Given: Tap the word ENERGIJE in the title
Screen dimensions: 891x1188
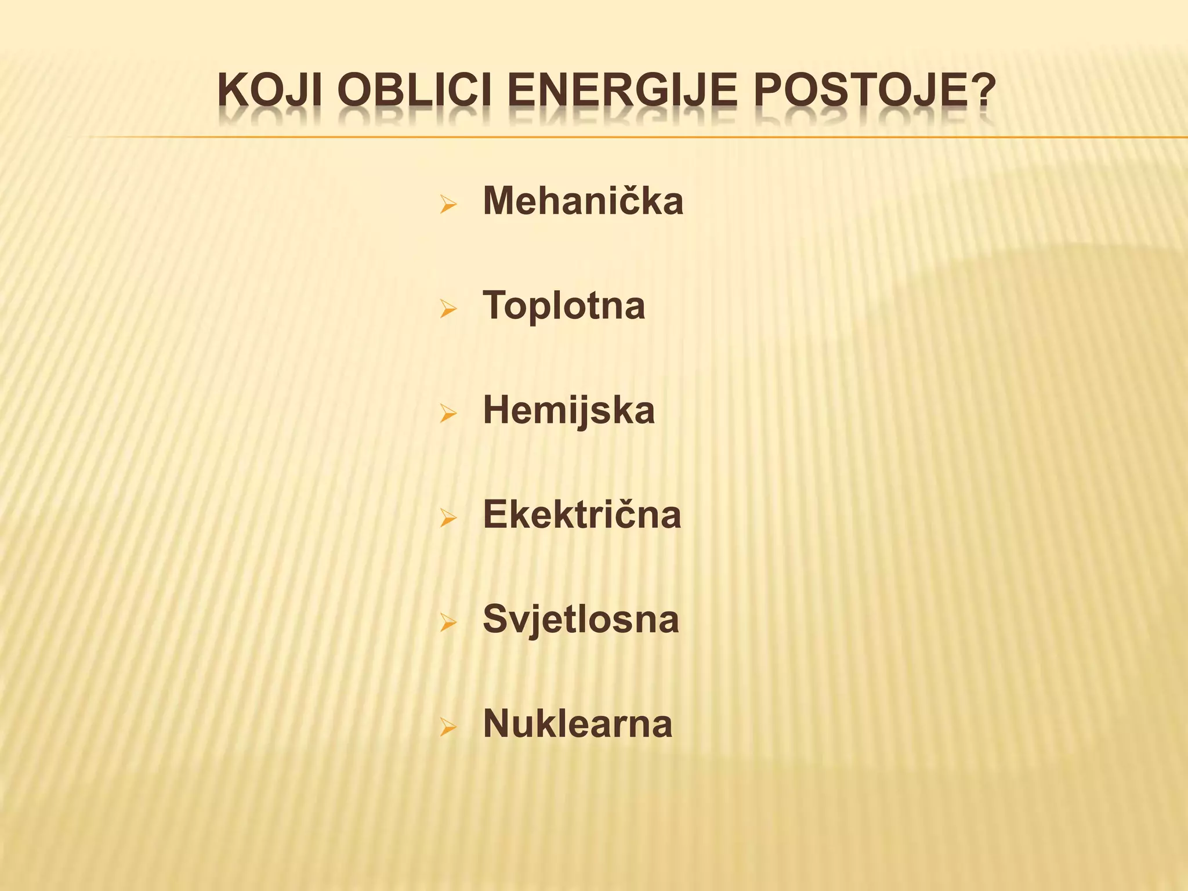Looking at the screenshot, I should (x=622, y=91).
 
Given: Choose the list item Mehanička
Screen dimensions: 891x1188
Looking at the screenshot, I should (x=583, y=201).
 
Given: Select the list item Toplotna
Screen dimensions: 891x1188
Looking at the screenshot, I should (x=564, y=305).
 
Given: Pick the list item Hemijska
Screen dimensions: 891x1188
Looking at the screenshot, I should (x=568, y=410).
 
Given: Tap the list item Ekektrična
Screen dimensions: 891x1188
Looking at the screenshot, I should (x=582, y=515).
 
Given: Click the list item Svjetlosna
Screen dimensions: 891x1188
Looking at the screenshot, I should (x=581, y=619).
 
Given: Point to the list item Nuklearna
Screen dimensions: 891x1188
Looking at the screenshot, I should (x=578, y=723).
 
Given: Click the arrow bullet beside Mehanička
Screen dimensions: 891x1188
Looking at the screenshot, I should (x=448, y=204).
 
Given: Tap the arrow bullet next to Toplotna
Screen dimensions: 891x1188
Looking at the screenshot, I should (x=448, y=309).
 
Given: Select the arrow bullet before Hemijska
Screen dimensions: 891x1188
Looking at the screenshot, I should (x=448, y=414).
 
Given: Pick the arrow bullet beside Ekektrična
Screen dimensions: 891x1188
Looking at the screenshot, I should (x=448, y=518).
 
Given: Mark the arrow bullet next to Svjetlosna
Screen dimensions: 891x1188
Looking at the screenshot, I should (x=448, y=622).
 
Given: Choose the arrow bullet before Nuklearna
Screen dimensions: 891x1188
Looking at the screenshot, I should (x=448, y=727).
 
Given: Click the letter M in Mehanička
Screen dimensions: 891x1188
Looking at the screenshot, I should (x=498, y=201).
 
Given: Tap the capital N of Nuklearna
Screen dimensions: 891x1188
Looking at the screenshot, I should (x=496, y=723).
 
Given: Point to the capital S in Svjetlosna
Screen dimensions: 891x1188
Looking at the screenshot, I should (x=495, y=619).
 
